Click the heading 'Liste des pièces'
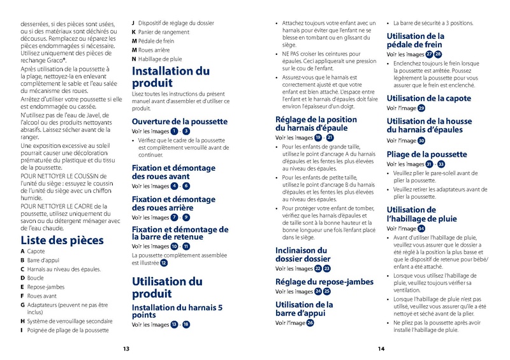(x=62, y=241)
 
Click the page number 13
(x=126, y=349)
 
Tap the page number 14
(x=381, y=349)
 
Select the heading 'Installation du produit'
(x=170, y=76)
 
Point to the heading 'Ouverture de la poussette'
(x=179, y=121)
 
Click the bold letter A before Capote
(x=23, y=252)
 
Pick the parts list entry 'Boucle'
(x=36, y=278)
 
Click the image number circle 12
(x=164, y=263)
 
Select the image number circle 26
(x=310, y=323)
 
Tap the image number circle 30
(x=421, y=141)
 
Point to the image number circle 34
(x=421, y=228)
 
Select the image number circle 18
(x=186, y=324)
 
